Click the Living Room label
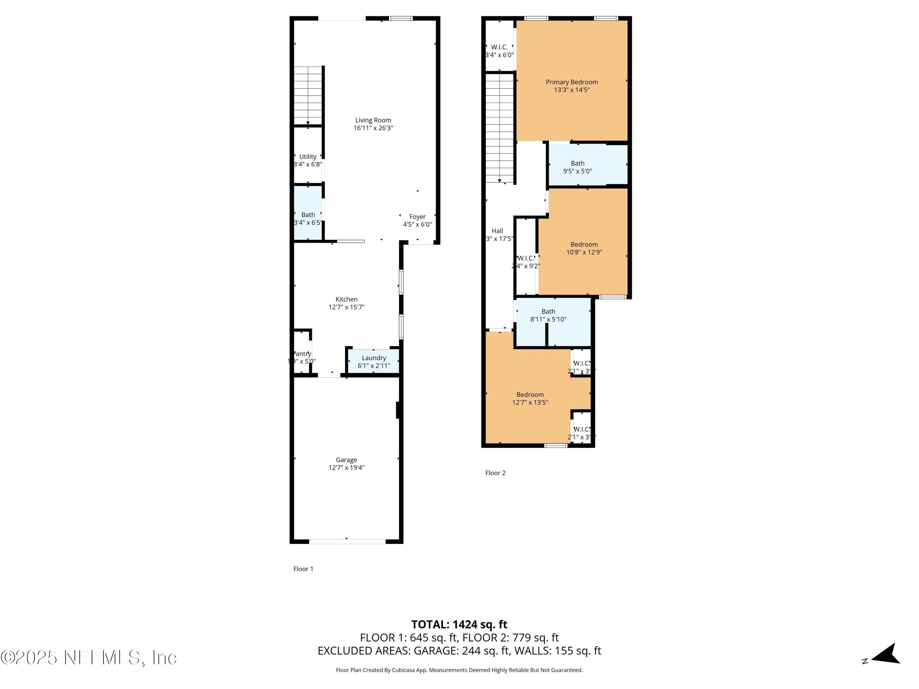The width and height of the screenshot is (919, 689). pyautogui.click(x=373, y=120)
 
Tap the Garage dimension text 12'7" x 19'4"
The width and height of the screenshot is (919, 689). pyautogui.click(x=346, y=468)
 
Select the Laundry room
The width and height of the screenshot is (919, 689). pyautogui.click(x=373, y=361)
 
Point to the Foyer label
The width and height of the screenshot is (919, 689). pyautogui.click(x=417, y=217)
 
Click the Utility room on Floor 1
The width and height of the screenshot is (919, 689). pyautogui.click(x=308, y=160)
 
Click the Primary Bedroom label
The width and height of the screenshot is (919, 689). pyautogui.click(x=571, y=82)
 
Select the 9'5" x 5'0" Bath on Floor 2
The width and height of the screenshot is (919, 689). pyautogui.click(x=577, y=167)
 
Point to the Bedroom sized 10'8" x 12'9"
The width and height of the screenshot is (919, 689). pyautogui.click(x=584, y=248)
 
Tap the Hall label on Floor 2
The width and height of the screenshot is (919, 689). pyautogui.click(x=497, y=231)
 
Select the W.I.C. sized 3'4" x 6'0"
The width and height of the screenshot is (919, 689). pyautogui.click(x=499, y=51)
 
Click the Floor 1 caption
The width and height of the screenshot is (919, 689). pyautogui.click(x=303, y=569)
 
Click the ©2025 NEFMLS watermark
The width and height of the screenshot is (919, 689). pyautogui.click(x=89, y=658)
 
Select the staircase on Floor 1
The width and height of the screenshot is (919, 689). pyautogui.click(x=308, y=96)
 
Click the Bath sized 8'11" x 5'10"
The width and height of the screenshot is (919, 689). pyautogui.click(x=548, y=315)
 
